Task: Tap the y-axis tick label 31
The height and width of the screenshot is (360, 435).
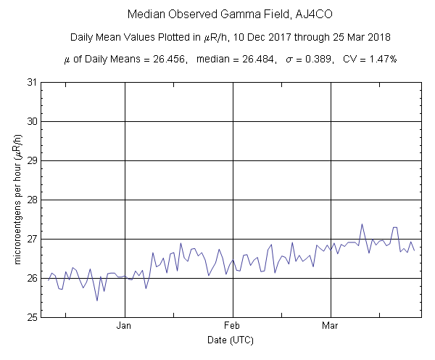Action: point(31,82)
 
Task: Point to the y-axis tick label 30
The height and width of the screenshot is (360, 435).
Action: point(31,121)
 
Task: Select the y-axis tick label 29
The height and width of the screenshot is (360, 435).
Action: point(31,160)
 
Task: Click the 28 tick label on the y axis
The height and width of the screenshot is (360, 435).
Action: point(31,200)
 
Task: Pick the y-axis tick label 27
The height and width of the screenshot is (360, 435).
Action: point(31,239)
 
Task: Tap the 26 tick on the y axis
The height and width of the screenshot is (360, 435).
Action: point(31,278)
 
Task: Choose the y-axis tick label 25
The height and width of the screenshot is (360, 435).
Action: point(31,317)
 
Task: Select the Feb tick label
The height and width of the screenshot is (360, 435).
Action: point(233,327)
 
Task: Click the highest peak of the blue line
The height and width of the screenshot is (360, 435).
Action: point(362,224)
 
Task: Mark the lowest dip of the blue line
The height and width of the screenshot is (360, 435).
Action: point(97,300)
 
